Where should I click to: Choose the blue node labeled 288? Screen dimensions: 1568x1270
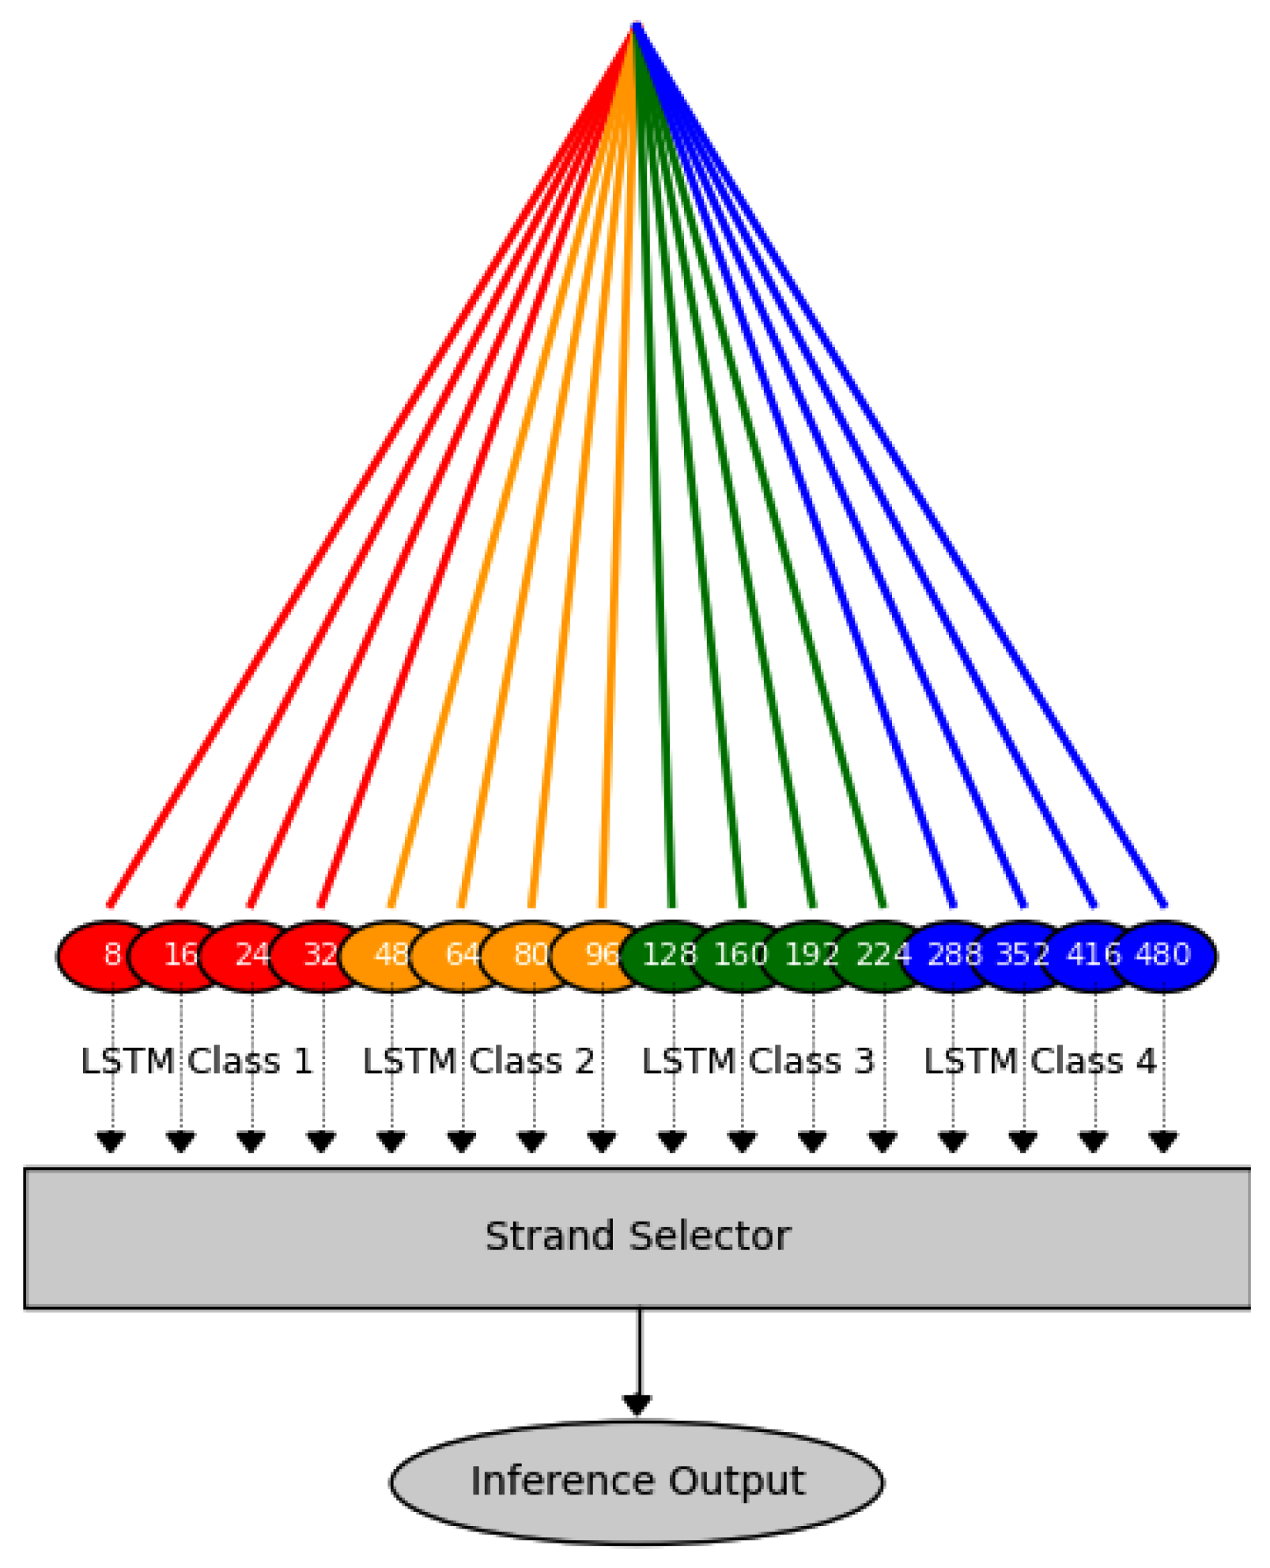tap(953, 954)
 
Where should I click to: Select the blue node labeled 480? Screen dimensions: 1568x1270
tap(1163, 954)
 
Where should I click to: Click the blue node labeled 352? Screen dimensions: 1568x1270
tap(1022, 954)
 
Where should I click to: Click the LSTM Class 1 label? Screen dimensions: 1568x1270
tap(197, 1061)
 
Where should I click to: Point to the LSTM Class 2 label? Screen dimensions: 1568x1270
tap(478, 1061)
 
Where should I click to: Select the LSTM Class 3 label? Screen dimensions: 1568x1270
tap(758, 1061)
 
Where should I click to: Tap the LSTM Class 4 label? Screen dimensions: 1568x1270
tap(1040, 1061)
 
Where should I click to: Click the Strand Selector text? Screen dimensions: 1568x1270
tap(637, 1237)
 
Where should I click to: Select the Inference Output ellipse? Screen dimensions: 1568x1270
tap(637, 1481)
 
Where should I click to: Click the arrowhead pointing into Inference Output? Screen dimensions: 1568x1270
tap(637, 1405)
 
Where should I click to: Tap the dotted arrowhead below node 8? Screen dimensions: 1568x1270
tap(112, 1142)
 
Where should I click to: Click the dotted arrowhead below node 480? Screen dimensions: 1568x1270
tap(1163, 1142)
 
